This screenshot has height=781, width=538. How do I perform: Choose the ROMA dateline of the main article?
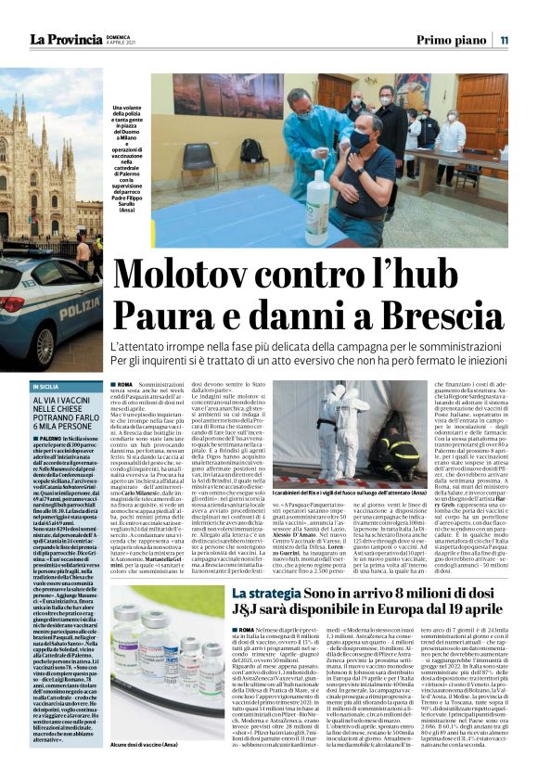125,382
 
